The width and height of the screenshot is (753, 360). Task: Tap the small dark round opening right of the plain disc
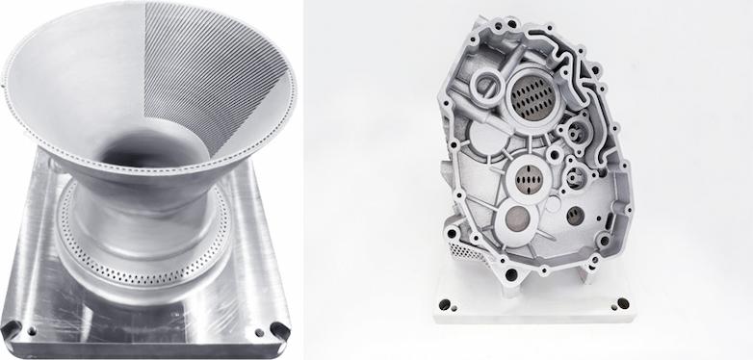(x=575, y=213)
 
